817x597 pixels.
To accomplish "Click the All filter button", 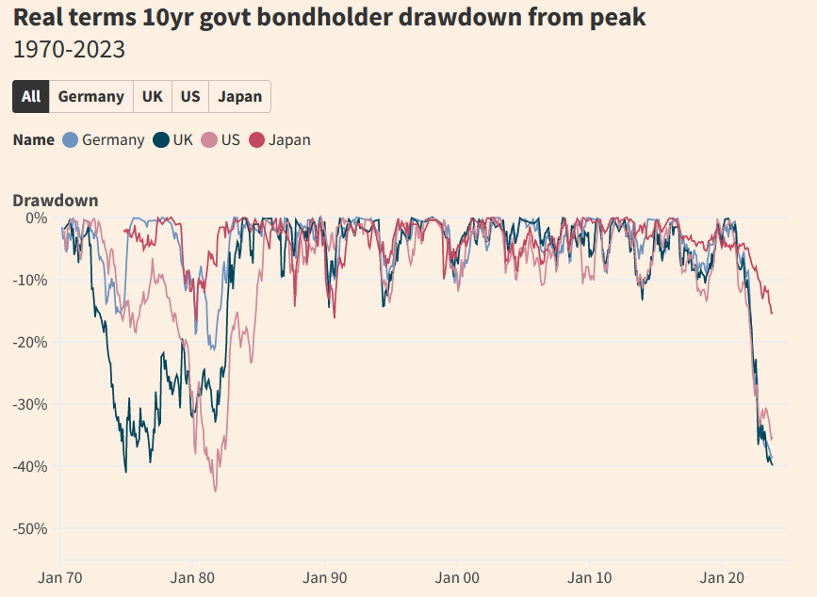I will (31, 96).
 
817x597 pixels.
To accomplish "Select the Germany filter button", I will (90, 96).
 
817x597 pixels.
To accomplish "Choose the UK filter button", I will (153, 96).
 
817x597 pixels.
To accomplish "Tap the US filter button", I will (190, 96).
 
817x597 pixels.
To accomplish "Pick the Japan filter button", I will (239, 96).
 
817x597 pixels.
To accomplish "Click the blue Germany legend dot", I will (71, 140).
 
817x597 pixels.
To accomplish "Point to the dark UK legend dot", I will (161, 140).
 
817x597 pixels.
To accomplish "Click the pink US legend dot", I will (209, 140).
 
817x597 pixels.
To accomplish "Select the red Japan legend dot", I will (256, 140).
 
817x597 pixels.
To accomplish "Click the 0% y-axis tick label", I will (37, 218).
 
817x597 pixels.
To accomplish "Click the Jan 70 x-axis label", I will (60, 575).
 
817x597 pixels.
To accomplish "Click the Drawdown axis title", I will (55, 201).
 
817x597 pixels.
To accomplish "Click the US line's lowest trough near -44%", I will (215, 491).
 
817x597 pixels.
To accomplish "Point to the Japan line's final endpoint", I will (772, 313).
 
